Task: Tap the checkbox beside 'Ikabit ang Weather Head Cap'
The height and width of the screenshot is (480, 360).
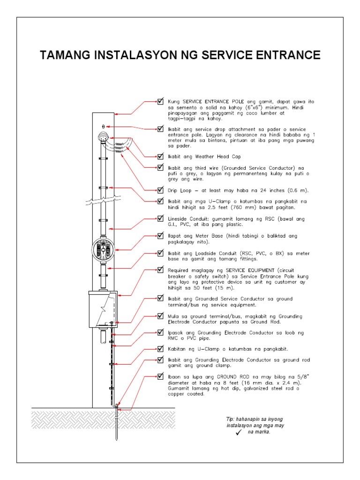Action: click(x=161, y=156)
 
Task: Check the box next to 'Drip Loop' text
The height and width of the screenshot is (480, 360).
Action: click(x=161, y=190)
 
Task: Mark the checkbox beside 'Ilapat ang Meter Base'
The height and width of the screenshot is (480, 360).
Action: click(x=161, y=236)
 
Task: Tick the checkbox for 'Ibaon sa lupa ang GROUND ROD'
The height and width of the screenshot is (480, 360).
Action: click(x=161, y=376)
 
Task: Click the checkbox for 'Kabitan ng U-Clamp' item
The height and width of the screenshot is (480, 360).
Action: click(x=161, y=349)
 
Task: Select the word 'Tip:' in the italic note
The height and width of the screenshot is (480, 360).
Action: click(x=230, y=419)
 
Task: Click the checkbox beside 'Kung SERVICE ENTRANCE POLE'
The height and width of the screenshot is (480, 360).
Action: click(x=161, y=101)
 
